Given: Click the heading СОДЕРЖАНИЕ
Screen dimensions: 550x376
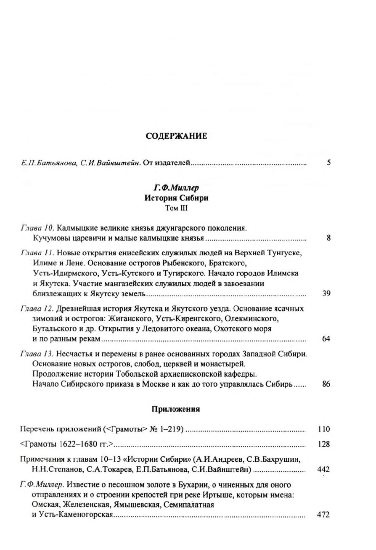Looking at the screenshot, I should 176,136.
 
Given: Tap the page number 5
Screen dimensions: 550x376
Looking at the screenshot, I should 328,163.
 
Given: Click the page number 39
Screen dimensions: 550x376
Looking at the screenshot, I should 326,294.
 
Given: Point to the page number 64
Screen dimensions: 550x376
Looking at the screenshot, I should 326,338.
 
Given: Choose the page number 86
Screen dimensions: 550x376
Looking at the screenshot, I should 326,383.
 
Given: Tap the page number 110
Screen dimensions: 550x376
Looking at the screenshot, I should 324,429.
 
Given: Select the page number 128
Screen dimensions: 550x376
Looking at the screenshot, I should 324,444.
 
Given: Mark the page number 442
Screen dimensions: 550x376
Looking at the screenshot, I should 323,470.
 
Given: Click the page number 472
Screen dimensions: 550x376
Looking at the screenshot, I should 323,515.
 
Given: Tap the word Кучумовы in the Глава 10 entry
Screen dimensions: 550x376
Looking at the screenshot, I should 50,238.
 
